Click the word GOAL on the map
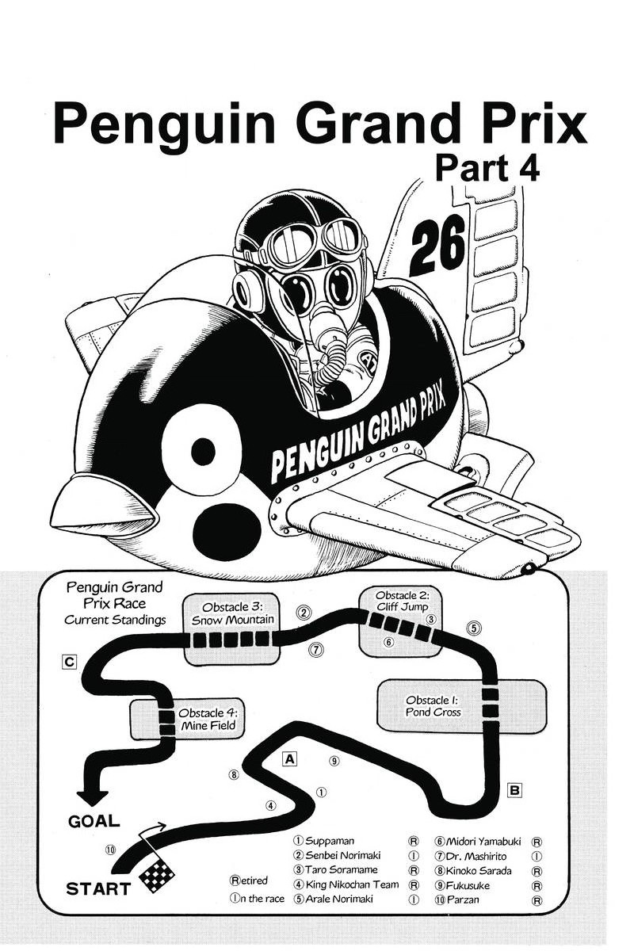[94, 821]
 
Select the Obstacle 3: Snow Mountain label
[233, 613]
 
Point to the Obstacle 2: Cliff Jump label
[402, 601]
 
